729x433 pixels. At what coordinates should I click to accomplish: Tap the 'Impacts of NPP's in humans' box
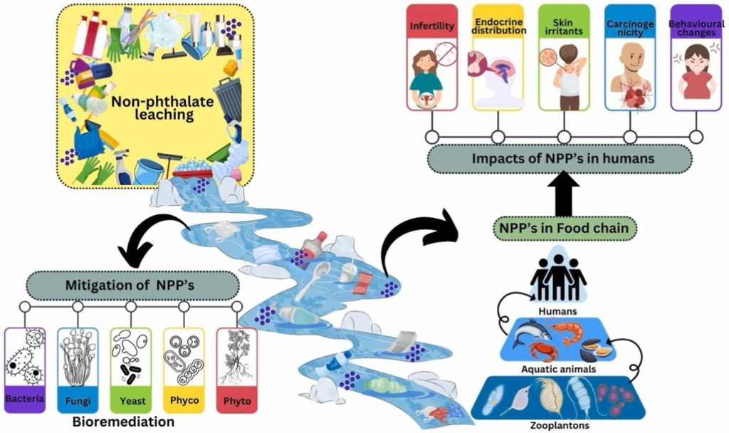click(560, 159)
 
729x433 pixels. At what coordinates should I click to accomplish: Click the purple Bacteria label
click(25, 400)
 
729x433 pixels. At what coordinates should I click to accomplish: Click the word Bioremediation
click(123, 421)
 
